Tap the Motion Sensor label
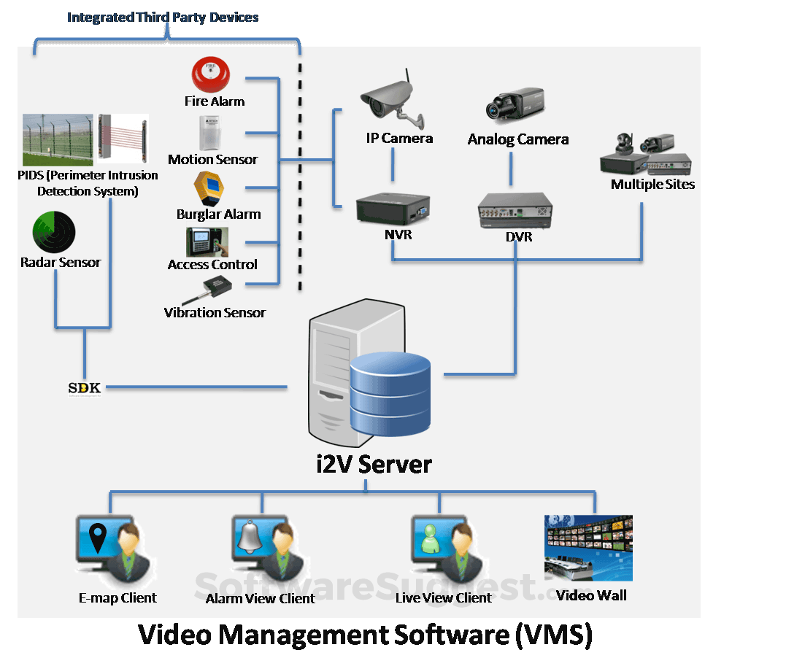(212, 160)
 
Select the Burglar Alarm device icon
(208, 190)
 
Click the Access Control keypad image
(207, 242)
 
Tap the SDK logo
(84, 388)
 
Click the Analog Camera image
(516, 105)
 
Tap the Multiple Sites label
(652, 185)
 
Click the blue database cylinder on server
(391, 394)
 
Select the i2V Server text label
(374, 465)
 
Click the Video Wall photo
(588, 548)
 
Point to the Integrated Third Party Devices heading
(163, 17)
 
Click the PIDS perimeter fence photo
(58, 140)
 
